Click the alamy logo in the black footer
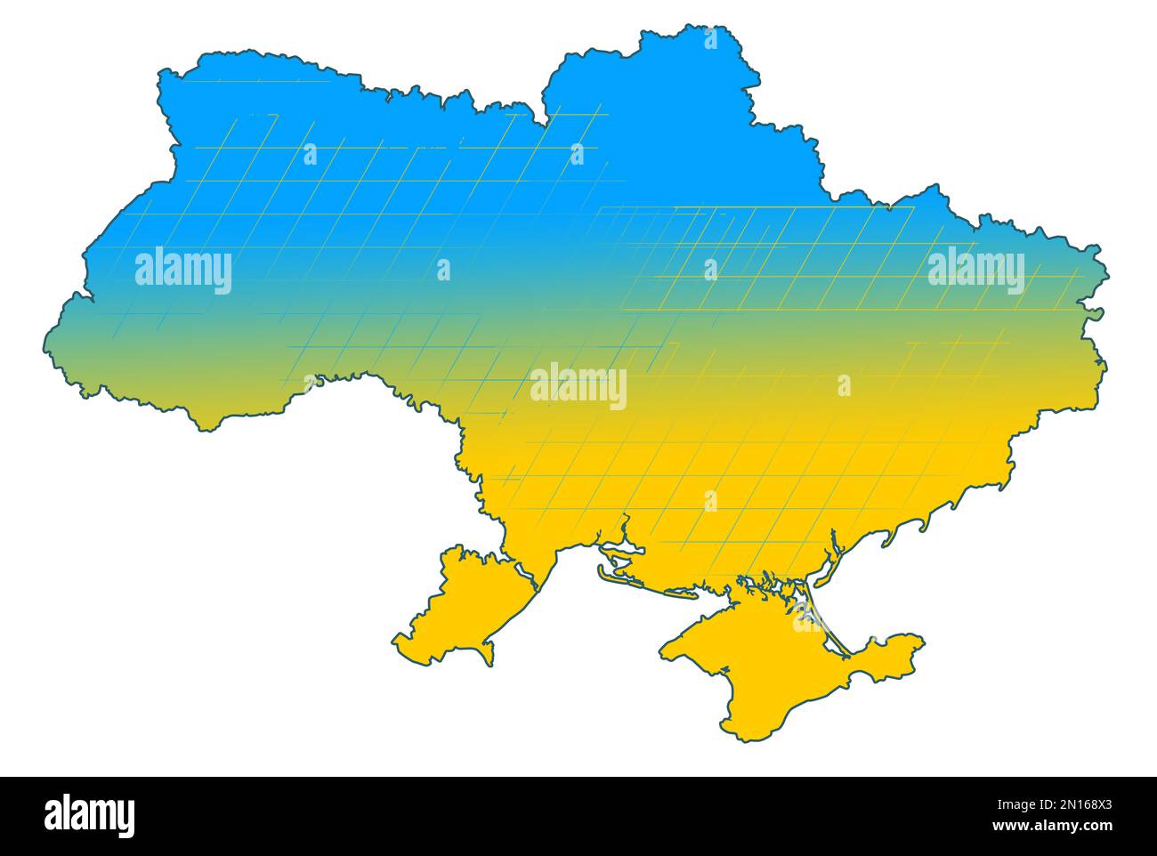click(x=89, y=815)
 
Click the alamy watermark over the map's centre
click(x=578, y=387)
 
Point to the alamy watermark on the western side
click(x=183, y=271)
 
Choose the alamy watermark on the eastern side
click(x=975, y=269)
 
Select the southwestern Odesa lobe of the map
click(x=454, y=605)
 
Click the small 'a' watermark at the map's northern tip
click(x=710, y=39)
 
